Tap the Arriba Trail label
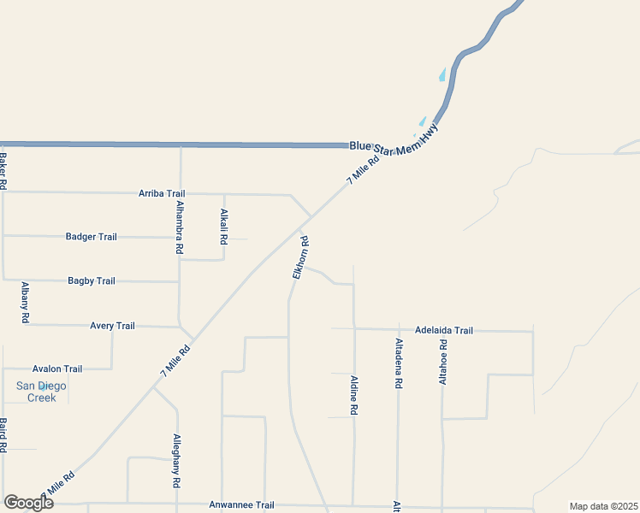(x=162, y=194)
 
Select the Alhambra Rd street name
(x=179, y=227)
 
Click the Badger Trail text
(x=91, y=237)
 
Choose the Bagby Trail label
(x=91, y=280)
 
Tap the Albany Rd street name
(x=26, y=302)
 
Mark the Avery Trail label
(x=112, y=326)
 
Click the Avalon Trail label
(x=57, y=369)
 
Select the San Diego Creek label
(x=41, y=392)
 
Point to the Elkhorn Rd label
(x=300, y=256)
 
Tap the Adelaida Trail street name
(x=443, y=330)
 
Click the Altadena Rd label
(x=398, y=363)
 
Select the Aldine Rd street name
(x=353, y=394)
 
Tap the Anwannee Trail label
(x=241, y=505)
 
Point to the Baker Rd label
(x=3, y=171)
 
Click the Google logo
(x=29, y=502)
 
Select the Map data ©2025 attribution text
(x=603, y=506)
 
